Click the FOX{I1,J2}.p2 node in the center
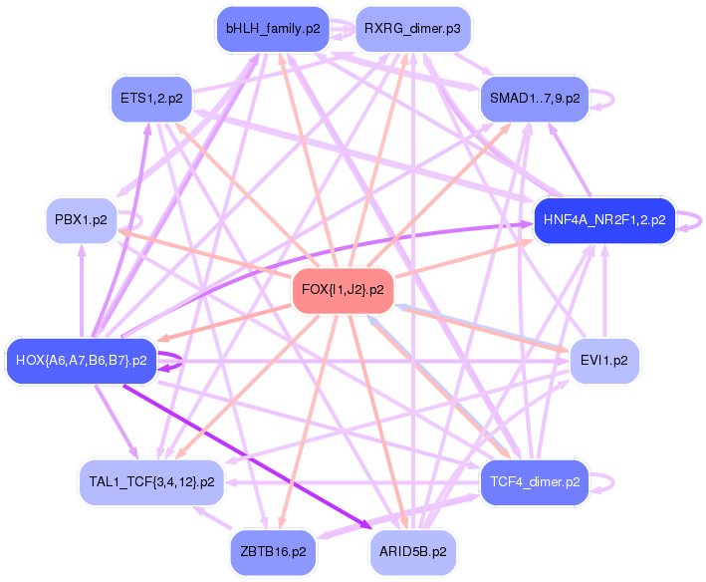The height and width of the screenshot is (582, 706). point(343,290)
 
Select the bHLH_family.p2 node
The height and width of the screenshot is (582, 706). point(273,29)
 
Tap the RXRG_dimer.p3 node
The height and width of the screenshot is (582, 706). point(412,29)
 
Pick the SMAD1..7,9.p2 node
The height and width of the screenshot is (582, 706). point(535,98)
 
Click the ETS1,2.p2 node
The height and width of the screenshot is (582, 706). point(150,98)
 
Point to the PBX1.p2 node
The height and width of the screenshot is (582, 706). point(81,218)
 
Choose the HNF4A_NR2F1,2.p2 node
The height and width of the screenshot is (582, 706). point(604,218)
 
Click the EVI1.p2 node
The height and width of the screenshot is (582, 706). point(603,360)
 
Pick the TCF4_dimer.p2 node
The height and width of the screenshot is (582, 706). point(535,481)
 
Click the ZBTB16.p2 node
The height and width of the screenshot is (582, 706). point(273,550)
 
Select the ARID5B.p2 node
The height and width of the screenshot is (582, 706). point(412,550)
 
